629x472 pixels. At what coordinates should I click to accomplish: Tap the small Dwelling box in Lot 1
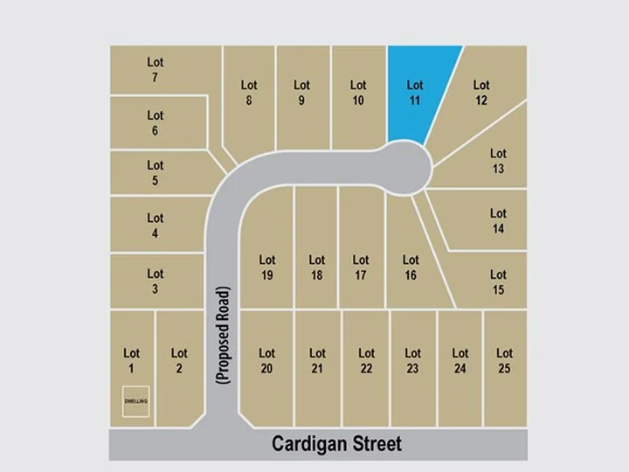coord(135,400)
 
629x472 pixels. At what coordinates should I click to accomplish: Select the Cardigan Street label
coord(336,443)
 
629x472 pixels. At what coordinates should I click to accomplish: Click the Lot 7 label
coord(155,70)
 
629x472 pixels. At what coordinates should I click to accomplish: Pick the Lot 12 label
coord(481,93)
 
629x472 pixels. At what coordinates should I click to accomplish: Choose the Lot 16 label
coord(411,267)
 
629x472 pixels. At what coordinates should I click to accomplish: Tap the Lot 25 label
coord(504,361)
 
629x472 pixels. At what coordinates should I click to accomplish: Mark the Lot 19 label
coord(267,267)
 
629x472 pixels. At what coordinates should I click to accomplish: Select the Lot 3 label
coord(155,281)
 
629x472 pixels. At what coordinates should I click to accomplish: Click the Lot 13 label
coord(498,161)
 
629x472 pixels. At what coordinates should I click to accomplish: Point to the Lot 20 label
coord(267,361)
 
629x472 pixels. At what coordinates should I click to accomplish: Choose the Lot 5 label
coord(155,173)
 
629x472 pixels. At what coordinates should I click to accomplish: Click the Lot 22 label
coord(366,361)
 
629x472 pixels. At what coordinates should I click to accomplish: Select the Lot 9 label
coord(301,93)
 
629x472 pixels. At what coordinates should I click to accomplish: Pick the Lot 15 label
coord(498,281)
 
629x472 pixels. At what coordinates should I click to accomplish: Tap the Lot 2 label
coord(179,361)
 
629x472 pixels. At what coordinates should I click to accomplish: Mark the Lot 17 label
coord(360,267)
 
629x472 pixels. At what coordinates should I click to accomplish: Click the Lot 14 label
coord(498,220)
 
